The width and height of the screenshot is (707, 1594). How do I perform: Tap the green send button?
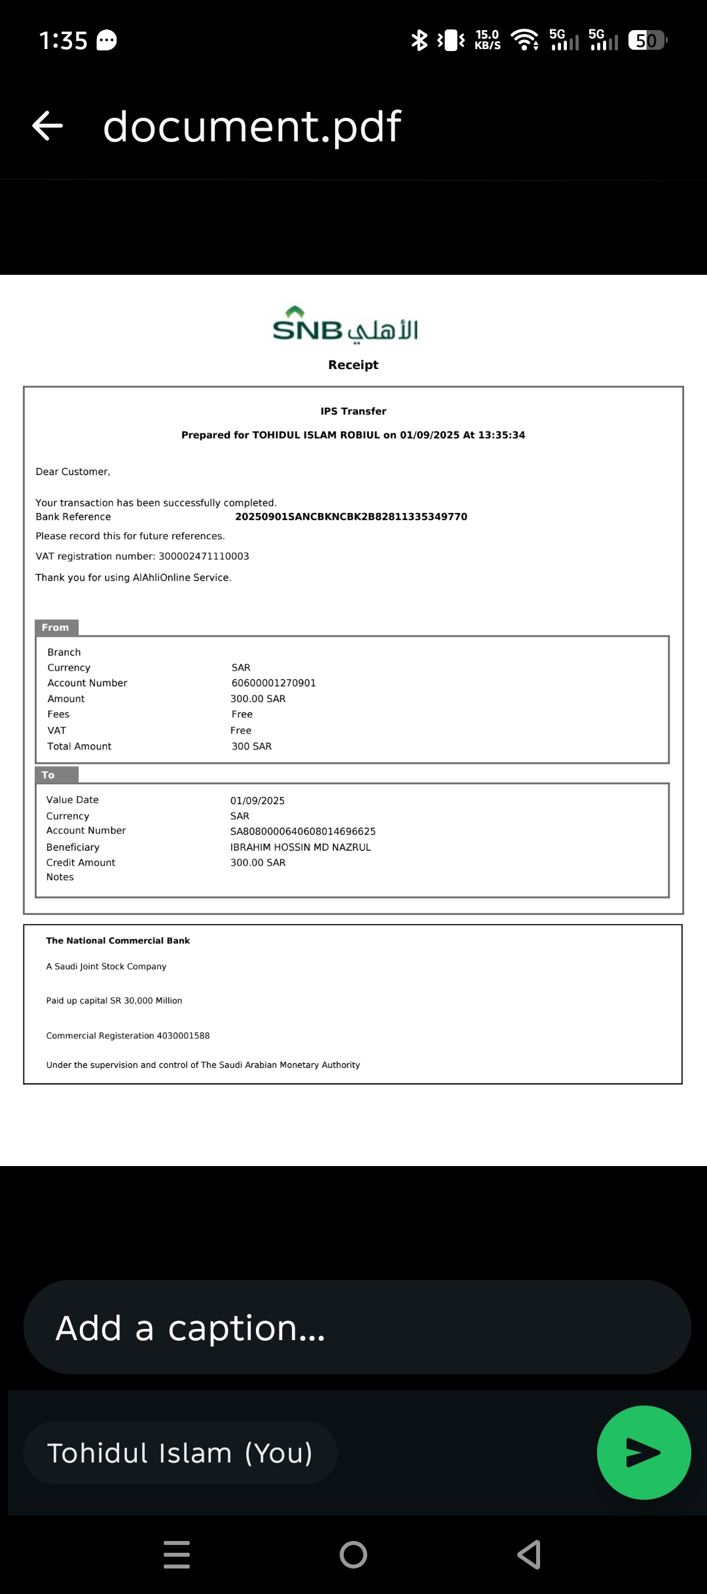pyautogui.click(x=644, y=1452)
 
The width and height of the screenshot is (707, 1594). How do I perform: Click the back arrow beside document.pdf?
pyautogui.click(x=48, y=126)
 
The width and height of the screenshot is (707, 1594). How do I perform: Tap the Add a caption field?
pyautogui.click(x=357, y=1328)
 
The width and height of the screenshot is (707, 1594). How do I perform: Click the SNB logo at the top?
pyautogui.click(x=345, y=325)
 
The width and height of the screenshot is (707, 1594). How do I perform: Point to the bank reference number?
pyautogui.click(x=351, y=517)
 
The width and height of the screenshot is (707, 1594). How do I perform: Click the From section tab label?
pyautogui.click(x=56, y=628)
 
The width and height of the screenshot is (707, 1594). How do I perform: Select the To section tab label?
pyautogui.click(x=49, y=775)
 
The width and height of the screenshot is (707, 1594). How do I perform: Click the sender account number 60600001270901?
pyautogui.click(x=274, y=683)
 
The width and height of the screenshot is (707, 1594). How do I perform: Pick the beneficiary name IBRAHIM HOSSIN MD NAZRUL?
pyautogui.click(x=300, y=847)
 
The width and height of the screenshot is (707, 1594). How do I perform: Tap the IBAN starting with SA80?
pyautogui.click(x=302, y=832)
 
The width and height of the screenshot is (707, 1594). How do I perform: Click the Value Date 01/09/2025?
pyautogui.click(x=257, y=801)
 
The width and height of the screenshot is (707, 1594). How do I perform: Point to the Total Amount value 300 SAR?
pyautogui.click(x=251, y=747)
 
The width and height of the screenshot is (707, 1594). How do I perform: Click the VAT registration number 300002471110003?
pyautogui.click(x=204, y=556)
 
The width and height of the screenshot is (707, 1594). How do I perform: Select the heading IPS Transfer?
pyautogui.click(x=353, y=412)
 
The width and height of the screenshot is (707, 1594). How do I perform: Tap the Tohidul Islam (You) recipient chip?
pyautogui.click(x=180, y=1453)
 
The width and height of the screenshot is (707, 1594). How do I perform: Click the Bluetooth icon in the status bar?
pyautogui.click(x=419, y=40)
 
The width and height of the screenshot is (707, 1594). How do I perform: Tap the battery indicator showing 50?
pyautogui.click(x=646, y=41)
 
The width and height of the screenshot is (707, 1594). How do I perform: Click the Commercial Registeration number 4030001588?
pyautogui.click(x=183, y=1036)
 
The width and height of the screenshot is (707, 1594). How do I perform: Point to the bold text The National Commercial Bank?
pyautogui.click(x=118, y=941)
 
